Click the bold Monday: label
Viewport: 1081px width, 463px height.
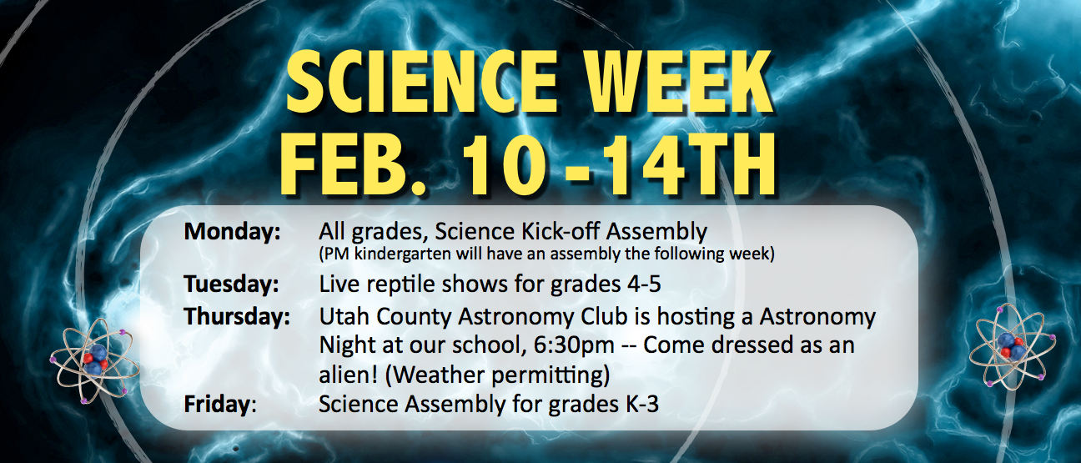[232, 232]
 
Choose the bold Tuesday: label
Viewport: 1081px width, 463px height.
[231, 284]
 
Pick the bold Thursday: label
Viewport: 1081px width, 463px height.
[237, 317]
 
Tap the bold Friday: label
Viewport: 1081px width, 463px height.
[219, 404]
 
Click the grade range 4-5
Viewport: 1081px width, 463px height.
[644, 284]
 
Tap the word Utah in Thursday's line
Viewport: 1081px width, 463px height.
[344, 317]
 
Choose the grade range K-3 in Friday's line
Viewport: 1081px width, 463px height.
[642, 404]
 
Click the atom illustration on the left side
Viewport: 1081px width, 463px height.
[94, 360]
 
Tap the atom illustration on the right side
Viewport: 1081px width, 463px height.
[1012, 346]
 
